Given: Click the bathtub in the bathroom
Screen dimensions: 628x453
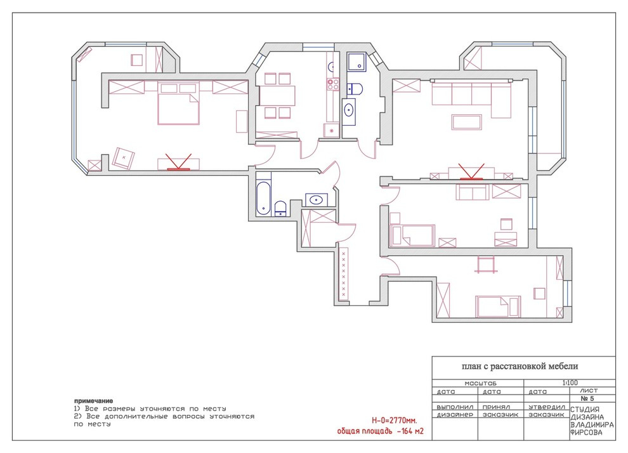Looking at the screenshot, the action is point(263,198).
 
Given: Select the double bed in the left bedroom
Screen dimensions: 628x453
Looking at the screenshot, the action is point(179,104).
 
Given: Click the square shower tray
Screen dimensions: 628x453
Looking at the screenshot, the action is point(357,62).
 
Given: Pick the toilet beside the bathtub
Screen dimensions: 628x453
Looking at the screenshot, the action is point(280,209).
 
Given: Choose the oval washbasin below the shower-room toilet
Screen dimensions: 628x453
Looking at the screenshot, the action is point(349,110).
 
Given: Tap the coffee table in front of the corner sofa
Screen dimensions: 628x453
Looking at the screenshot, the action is point(467,122).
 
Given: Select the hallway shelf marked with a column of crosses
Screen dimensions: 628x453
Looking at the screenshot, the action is point(344,273).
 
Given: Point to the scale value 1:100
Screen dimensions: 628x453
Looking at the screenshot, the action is point(570,383).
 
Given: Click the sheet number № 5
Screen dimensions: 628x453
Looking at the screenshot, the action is point(587,398).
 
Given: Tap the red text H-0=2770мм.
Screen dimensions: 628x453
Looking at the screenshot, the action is point(395,421).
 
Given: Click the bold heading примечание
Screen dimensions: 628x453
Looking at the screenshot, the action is point(94,401).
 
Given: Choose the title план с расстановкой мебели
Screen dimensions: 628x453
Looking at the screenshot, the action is point(520,366).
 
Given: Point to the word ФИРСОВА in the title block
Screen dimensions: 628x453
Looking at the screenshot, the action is point(586,432).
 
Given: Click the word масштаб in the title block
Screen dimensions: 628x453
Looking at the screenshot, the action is point(480,383).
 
